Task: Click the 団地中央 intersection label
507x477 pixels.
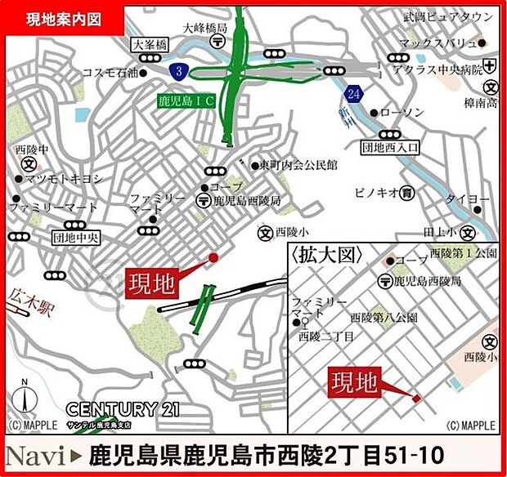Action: point(75,238)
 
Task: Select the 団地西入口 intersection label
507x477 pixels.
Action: point(390,148)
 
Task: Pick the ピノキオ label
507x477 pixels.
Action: point(376,193)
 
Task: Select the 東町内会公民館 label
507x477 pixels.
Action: point(299,164)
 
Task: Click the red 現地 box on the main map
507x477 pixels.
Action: point(151,283)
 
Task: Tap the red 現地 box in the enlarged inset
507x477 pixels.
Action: point(355,381)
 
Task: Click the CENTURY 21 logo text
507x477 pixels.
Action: point(123,408)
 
